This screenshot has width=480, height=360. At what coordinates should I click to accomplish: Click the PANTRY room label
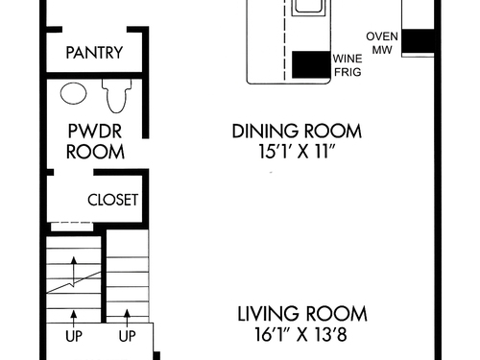click(94, 53)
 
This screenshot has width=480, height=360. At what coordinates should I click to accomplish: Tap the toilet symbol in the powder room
click(116, 95)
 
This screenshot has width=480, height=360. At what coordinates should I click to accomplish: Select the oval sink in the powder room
click(73, 93)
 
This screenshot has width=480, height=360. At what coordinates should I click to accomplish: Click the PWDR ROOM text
click(95, 141)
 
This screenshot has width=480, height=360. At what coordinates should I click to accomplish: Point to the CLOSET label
click(112, 200)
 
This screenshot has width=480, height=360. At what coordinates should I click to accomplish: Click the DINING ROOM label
click(297, 132)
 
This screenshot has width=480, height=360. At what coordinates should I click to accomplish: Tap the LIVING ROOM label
click(302, 314)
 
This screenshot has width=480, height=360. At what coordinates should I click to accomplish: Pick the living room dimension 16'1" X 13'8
click(300, 334)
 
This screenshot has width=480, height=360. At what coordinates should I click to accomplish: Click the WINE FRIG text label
click(348, 65)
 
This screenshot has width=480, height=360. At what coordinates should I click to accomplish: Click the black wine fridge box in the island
click(311, 64)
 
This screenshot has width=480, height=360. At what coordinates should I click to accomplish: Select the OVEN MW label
click(382, 43)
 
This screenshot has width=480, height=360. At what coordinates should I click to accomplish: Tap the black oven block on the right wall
click(418, 40)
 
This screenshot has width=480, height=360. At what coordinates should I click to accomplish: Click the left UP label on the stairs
click(74, 336)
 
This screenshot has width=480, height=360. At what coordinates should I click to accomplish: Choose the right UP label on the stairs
click(127, 336)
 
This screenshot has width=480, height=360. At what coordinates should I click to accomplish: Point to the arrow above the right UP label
click(127, 318)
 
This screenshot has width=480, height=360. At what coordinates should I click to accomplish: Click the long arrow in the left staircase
click(74, 271)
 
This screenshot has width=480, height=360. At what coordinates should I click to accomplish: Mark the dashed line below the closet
click(72, 223)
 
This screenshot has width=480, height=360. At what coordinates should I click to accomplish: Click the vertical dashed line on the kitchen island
click(284, 39)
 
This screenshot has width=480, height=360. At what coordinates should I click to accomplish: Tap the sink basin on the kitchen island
click(307, 7)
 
